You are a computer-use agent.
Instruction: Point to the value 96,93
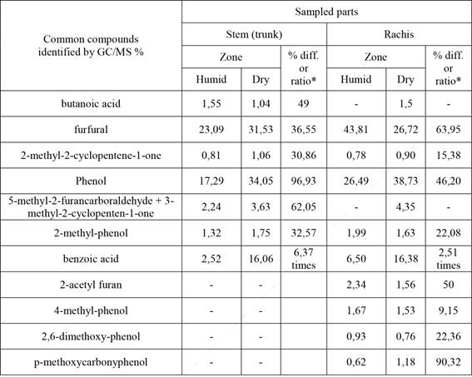(x=303, y=180)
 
